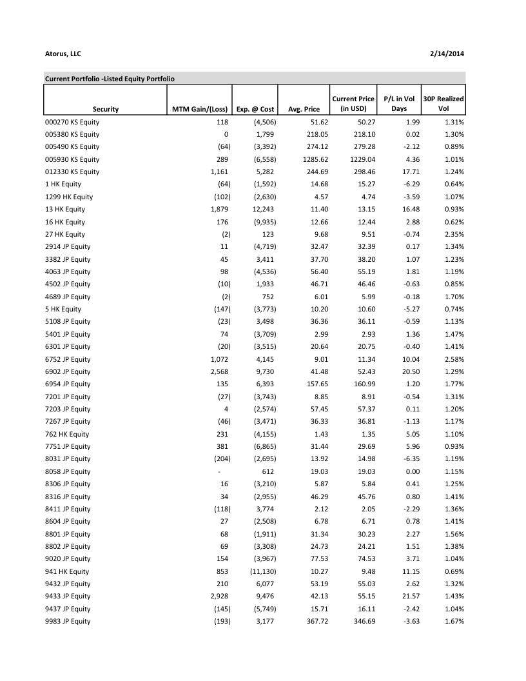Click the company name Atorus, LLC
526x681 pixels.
click(63, 54)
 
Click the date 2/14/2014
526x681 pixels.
click(447, 54)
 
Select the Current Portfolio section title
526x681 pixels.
click(110, 79)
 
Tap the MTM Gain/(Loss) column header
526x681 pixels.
click(200, 109)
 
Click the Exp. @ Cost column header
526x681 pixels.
click(255, 109)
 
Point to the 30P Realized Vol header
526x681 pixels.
click(443, 104)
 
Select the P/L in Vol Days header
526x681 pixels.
click(399, 104)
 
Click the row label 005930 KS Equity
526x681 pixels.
click(72, 159)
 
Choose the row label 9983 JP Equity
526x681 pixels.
click(68, 621)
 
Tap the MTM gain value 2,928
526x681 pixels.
click(220, 596)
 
